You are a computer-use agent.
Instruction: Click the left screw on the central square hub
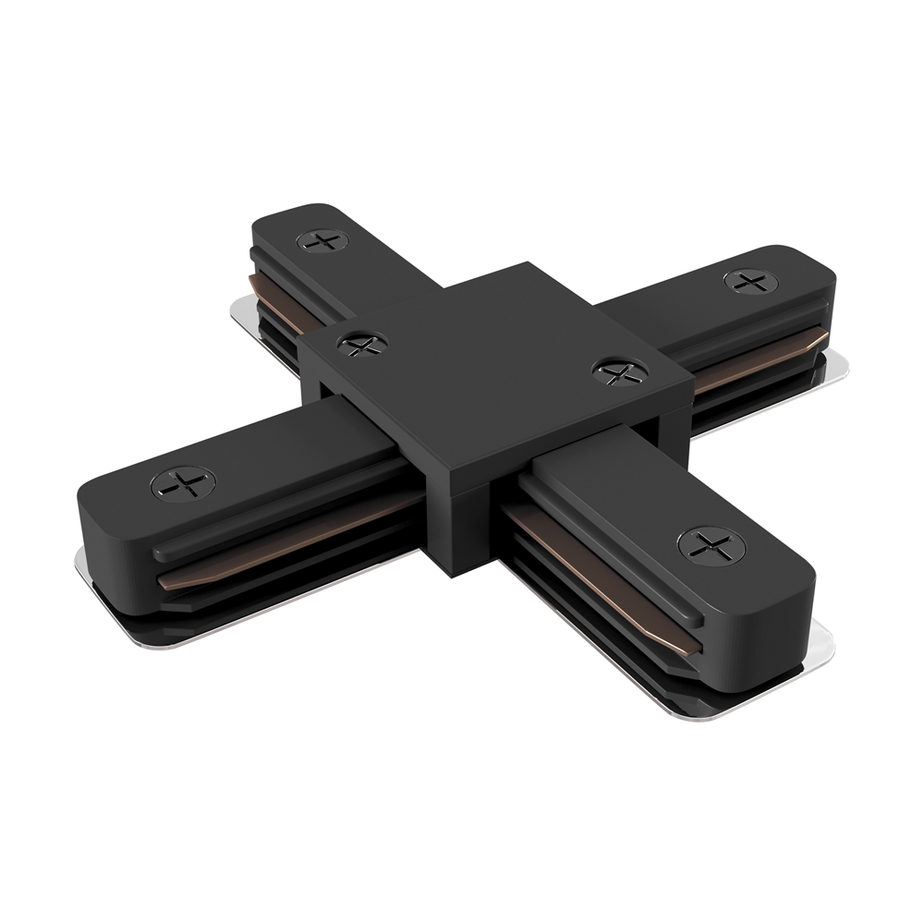click(362, 344)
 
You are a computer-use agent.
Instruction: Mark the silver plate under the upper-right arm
click(836, 368)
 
